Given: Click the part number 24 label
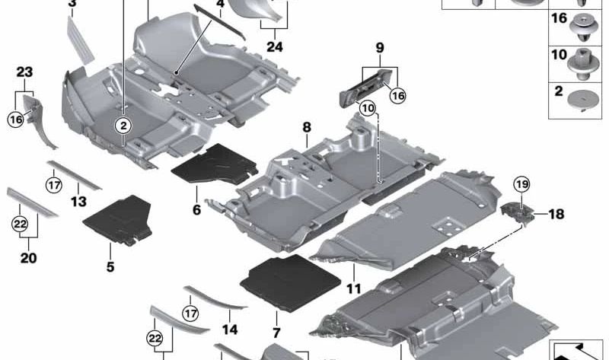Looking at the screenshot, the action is pos(275,46).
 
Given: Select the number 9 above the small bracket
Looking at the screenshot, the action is pos(380,48).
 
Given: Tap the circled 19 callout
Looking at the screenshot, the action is pos(521,184).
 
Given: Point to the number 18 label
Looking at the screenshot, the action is pos(556,214).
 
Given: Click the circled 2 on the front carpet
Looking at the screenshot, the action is pos(123,126).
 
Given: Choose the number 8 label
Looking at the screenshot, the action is pos(307,127).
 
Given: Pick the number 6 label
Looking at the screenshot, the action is pos(197,210).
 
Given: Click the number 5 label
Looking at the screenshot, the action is pos(110,267).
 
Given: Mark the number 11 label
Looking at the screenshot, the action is pos(354,288).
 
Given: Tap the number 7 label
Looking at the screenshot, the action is pos(276,333).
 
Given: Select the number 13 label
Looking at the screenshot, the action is pos(78,202).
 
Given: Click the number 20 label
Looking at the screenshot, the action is pos(28,258).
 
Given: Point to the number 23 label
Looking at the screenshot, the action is pos(24,72).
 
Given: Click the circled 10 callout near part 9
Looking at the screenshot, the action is pos(368,108).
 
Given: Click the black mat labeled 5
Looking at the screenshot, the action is pos(118,220).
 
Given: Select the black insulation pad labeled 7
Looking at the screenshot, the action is pos(291,282).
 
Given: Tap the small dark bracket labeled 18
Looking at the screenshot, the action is pos(517,214).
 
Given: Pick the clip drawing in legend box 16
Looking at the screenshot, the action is pos(582,27).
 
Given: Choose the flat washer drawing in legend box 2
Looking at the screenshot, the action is pos(582,100).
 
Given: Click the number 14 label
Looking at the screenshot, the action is pos(230,330).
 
